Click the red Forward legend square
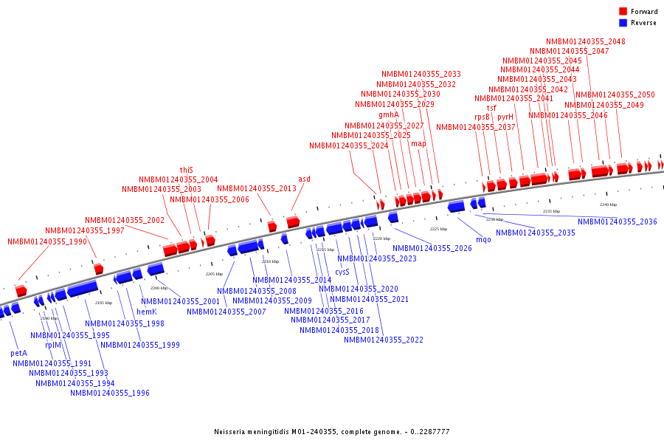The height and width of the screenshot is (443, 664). (x=623, y=12)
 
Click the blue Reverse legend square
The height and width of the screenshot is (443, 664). (x=623, y=23)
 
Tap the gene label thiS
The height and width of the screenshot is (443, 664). (x=187, y=170)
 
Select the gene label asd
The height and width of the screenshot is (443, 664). (x=304, y=179)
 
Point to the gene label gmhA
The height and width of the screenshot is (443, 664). (x=389, y=114)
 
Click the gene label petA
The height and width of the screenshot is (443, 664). (x=19, y=353)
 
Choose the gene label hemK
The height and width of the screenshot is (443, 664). (x=146, y=312)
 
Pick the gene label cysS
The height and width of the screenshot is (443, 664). (x=342, y=272)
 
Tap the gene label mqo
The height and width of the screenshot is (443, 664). (x=483, y=239)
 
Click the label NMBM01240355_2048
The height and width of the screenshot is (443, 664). (x=586, y=41)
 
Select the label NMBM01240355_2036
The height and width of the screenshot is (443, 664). (x=617, y=221)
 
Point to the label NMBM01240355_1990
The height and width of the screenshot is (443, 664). (x=47, y=241)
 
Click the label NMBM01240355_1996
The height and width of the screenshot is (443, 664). (x=110, y=393)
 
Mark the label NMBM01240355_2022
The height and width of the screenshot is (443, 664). (x=384, y=340)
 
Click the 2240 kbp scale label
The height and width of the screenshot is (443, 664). (x=608, y=205)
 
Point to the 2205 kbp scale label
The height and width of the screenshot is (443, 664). (x=214, y=274)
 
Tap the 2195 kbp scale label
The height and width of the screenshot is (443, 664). (x=104, y=303)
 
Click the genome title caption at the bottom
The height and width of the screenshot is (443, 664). (x=332, y=431)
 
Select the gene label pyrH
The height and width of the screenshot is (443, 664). (x=505, y=117)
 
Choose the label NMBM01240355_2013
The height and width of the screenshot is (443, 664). (x=257, y=188)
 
